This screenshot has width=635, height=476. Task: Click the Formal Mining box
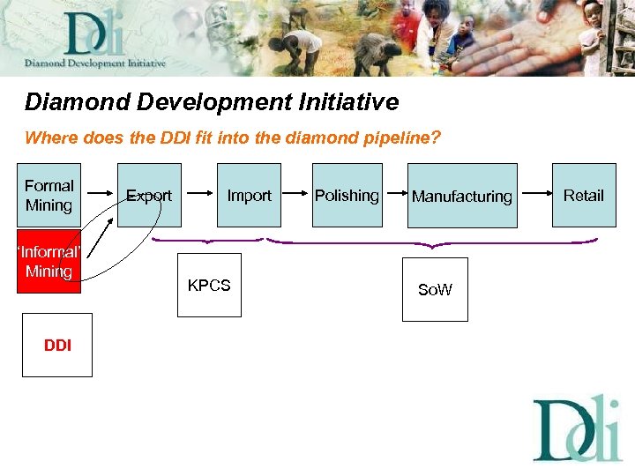(x=49, y=195)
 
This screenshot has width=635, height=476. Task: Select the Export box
(x=149, y=195)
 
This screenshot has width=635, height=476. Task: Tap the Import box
(x=249, y=195)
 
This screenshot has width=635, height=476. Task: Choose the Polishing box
(x=347, y=195)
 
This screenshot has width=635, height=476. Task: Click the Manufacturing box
(x=461, y=196)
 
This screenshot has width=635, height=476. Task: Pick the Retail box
(x=583, y=195)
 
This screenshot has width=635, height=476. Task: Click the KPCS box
(x=209, y=285)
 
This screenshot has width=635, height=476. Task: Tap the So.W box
(x=435, y=289)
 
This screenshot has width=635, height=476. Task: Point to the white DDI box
(x=57, y=345)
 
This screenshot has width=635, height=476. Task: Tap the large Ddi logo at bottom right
(x=578, y=428)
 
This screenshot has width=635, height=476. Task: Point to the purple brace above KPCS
(x=207, y=239)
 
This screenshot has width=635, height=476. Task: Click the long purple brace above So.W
(x=432, y=241)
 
